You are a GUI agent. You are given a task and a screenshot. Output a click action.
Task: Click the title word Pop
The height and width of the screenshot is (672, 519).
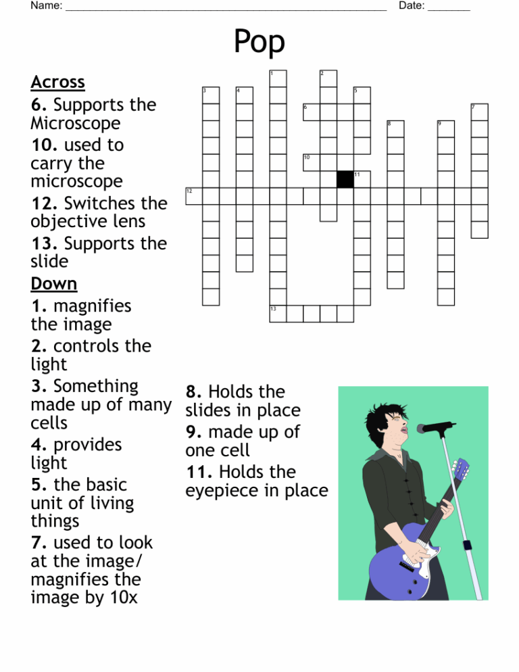point(259,43)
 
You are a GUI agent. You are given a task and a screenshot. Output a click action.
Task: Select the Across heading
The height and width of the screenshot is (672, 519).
point(57,82)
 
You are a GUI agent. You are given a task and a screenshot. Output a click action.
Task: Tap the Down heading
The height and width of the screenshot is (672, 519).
point(54,283)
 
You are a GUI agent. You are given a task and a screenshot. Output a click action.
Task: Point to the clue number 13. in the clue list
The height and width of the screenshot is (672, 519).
point(44,243)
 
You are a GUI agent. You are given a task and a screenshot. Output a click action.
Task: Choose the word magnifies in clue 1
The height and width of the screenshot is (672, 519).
point(92,306)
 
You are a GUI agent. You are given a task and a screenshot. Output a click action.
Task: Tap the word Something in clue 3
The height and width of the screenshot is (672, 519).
point(95,387)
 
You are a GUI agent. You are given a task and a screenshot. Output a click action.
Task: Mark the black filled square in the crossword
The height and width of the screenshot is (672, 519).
point(345,180)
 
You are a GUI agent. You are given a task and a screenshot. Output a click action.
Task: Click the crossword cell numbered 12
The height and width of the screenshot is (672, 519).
point(194,197)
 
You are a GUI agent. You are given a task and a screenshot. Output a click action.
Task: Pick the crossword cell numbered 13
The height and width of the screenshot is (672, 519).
point(278,314)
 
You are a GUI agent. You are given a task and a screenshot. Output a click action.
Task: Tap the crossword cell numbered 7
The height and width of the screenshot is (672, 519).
point(479,112)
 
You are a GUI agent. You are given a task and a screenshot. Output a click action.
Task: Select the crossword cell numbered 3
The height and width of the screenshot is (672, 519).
point(211,95)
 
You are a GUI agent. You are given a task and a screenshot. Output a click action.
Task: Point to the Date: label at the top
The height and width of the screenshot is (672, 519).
point(412,6)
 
